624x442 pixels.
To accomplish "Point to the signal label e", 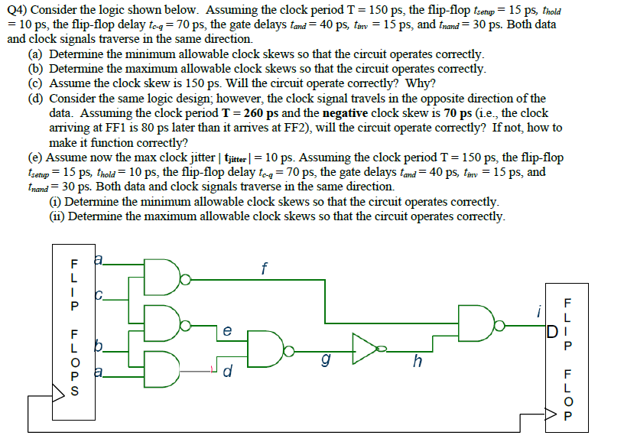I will (x=226, y=331).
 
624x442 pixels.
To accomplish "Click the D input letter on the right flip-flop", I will (x=551, y=332).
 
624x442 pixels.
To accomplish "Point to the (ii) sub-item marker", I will (x=57, y=216).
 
